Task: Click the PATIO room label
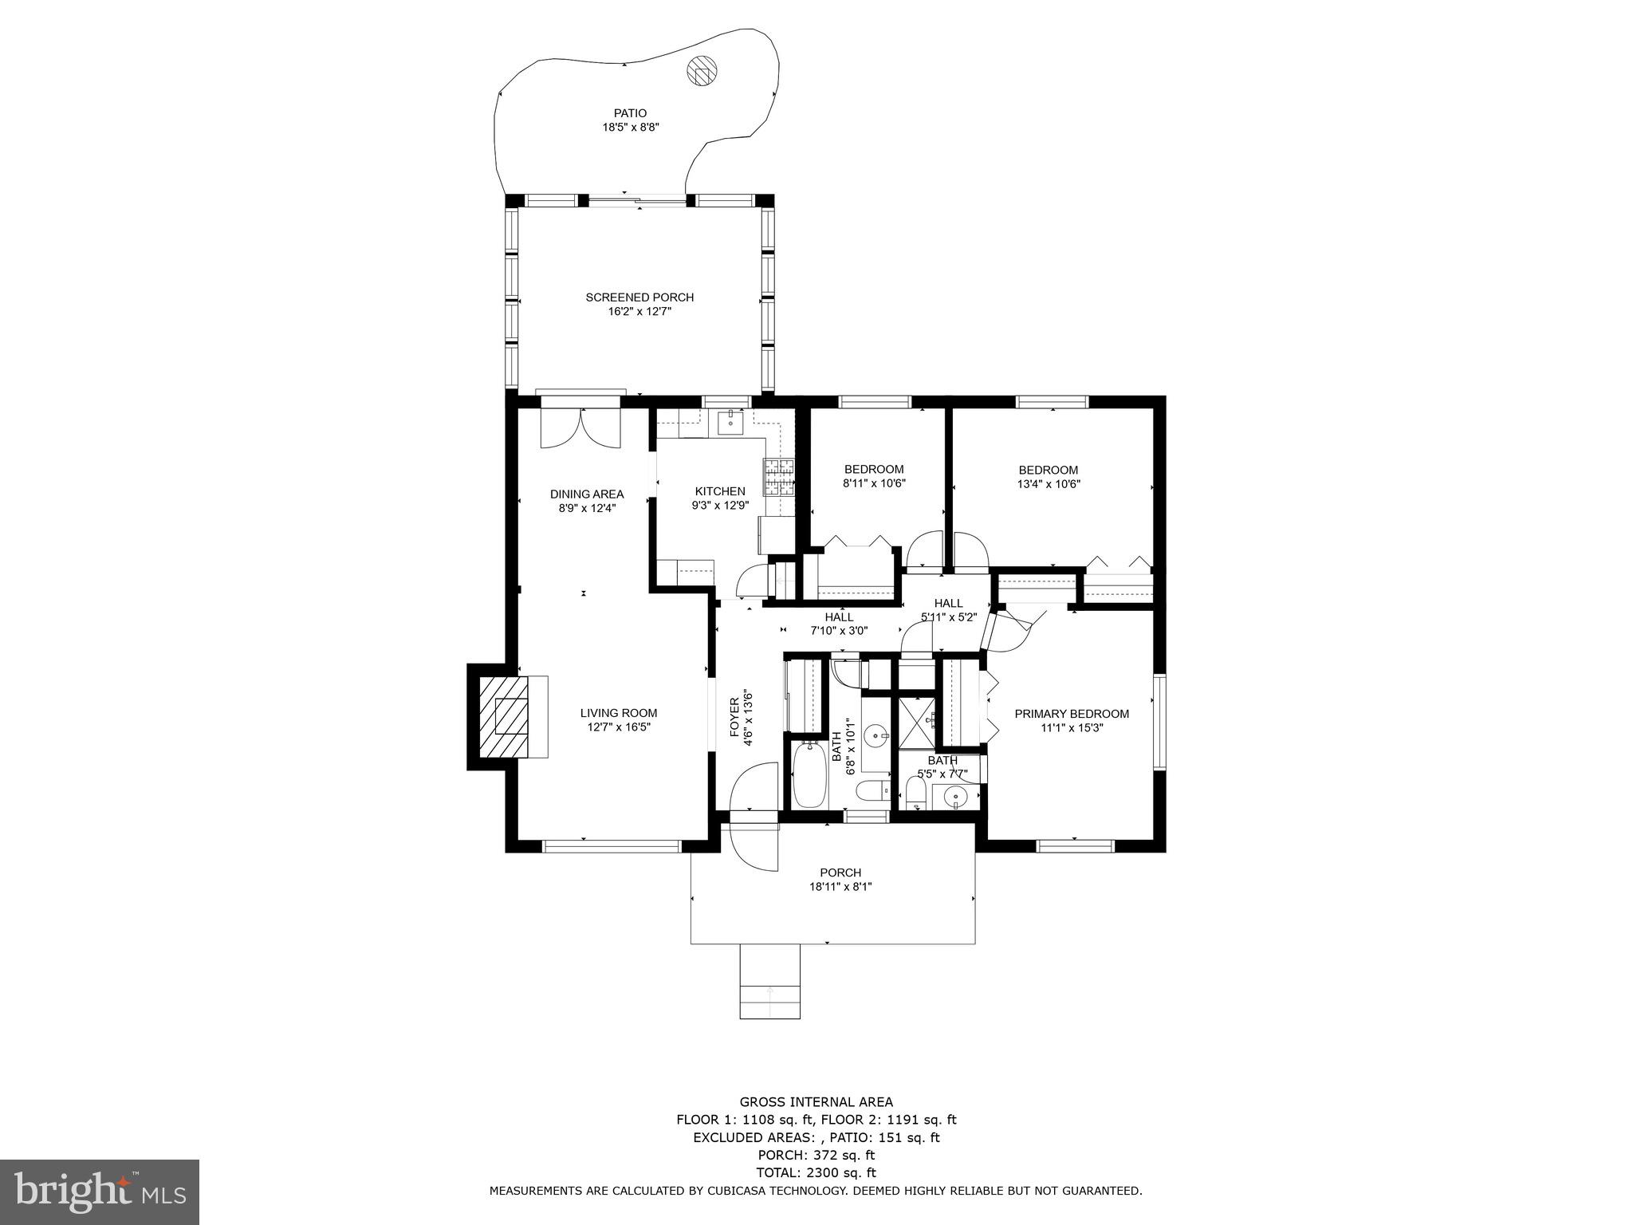click(x=630, y=113)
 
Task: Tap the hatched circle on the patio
click(x=702, y=71)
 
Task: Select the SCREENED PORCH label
click(x=639, y=297)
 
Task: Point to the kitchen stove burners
click(x=779, y=476)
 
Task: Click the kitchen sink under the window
click(x=730, y=421)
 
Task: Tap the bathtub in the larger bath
click(x=810, y=774)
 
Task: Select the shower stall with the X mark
click(x=917, y=722)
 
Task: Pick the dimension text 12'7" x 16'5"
click(x=619, y=727)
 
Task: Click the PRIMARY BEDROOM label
click(x=1072, y=714)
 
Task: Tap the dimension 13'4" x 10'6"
click(x=1049, y=483)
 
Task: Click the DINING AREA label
click(x=587, y=494)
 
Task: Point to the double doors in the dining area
click(x=580, y=428)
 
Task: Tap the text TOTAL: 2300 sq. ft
click(x=816, y=1172)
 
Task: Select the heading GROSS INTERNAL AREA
click(x=816, y=1102)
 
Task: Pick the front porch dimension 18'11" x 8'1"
click(x=840, y=886)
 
